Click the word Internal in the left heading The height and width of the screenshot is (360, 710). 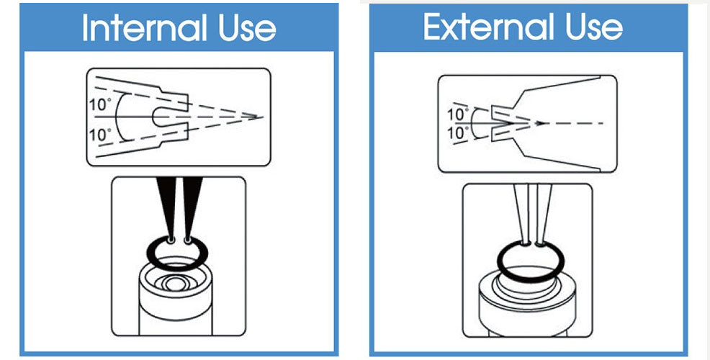(145, 27)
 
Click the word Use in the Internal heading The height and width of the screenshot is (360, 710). (247, 28)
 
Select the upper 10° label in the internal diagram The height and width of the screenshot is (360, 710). (100, 104)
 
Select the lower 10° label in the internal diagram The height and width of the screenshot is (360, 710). (100, 135)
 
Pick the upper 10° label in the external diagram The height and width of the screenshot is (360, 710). (458, 115)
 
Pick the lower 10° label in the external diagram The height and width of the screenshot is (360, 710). (458, 133)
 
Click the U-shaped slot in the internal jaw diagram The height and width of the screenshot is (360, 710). (154, 117)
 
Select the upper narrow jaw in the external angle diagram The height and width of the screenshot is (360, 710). (503, 113)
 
